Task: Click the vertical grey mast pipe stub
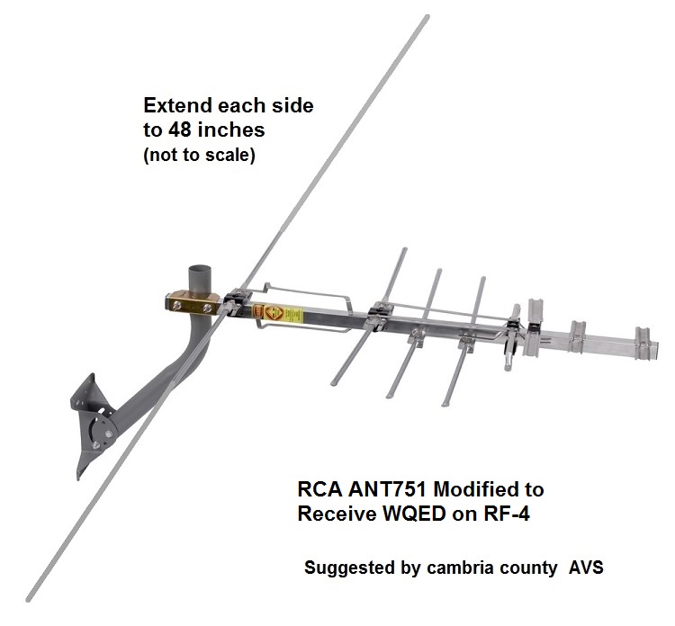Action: (196, 279)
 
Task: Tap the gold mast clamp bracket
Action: (193, 302)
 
